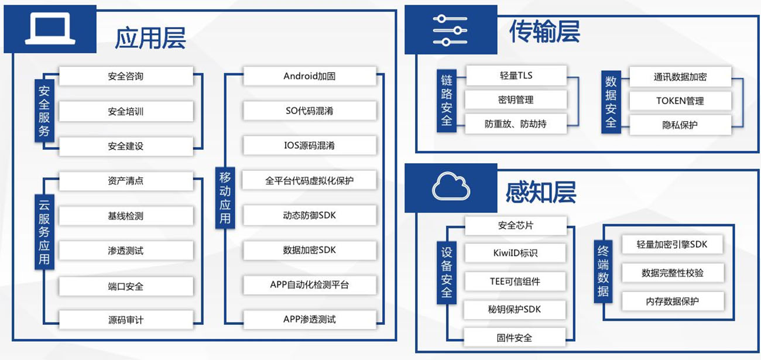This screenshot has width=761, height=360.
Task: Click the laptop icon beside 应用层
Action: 50,30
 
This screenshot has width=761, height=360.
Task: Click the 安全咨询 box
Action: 126,76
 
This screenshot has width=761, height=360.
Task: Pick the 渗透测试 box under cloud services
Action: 126,251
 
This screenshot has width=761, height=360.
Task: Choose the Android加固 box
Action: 309,76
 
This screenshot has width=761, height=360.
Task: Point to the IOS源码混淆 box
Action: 309,145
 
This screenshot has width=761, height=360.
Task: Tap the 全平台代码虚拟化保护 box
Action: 309,180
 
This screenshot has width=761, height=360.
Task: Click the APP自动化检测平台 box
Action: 309,285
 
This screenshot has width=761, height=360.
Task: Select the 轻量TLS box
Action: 516,76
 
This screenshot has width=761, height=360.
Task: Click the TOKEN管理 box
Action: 680,101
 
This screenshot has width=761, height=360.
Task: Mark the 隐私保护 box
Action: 680,125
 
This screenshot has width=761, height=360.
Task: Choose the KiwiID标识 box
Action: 515,253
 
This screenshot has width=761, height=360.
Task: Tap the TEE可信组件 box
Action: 515,282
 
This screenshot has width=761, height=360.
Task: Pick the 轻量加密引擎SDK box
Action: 672,245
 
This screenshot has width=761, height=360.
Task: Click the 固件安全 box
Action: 515,337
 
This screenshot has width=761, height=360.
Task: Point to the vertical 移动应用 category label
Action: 225,198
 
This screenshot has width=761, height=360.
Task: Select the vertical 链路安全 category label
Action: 447,100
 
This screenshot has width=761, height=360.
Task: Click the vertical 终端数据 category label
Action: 603,270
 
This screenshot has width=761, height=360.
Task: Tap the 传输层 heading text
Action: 544,32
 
